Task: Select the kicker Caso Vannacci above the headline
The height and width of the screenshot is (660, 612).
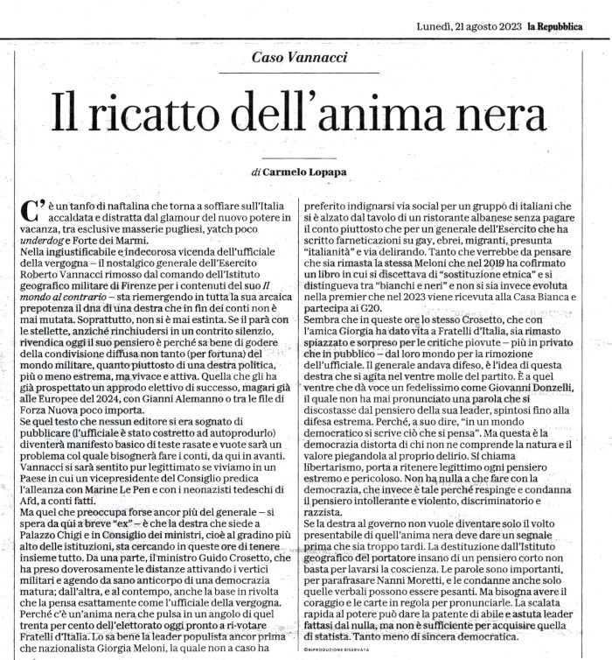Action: [x=300, y=58]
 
